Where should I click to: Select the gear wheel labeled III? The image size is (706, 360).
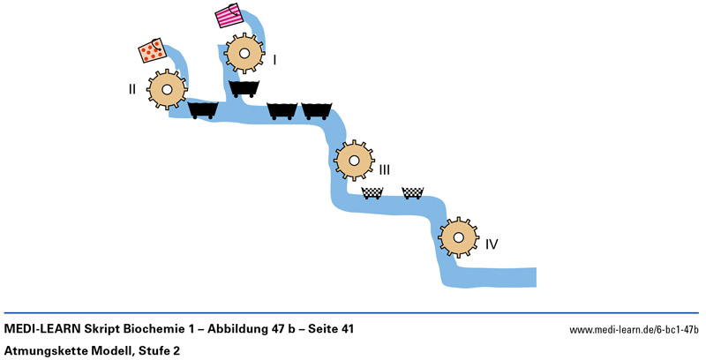pos(353,161)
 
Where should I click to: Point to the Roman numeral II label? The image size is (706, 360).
pos(132,88)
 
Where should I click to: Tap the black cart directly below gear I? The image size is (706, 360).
pos(244,88)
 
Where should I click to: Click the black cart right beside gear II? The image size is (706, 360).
pos(204,110)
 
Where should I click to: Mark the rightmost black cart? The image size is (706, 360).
pos(317,110)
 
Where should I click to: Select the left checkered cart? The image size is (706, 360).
pos(372,193)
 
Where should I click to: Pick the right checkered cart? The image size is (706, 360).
pos(412,193)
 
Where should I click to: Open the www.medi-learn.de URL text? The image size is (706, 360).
pos(634,330)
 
